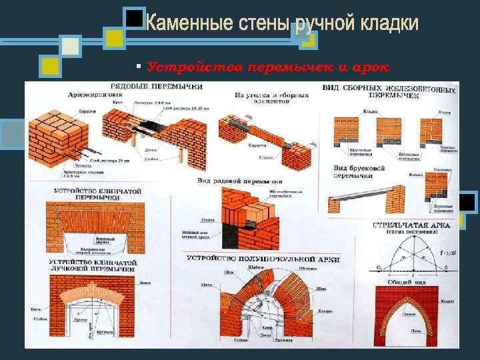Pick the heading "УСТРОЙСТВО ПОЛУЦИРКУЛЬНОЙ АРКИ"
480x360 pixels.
pos(263,258)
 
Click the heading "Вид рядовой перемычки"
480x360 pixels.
pos(239,181)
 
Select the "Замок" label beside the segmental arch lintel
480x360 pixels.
pos(146,282)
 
